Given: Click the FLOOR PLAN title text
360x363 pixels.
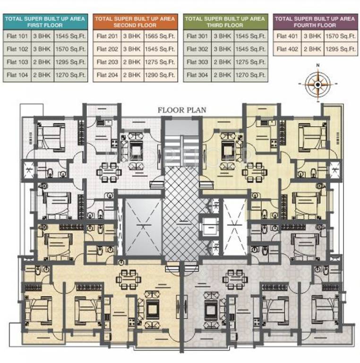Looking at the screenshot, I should tap(182, 110).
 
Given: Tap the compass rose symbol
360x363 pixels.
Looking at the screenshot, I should tap(317, 84).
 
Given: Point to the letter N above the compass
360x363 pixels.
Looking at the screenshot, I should tap(318, 66).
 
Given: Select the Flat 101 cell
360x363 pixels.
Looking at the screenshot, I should tap(17, 36).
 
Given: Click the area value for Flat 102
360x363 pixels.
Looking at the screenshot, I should tap(70, 49).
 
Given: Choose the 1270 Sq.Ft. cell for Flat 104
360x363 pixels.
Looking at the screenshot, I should tap(70, 75).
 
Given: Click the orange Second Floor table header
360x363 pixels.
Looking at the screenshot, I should tap(135, 22).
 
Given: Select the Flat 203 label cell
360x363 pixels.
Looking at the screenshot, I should tap(107, 62).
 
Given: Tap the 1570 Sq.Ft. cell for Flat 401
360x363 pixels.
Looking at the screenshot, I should tap(341, 36).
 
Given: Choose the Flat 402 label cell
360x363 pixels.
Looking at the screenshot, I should tap(287, 49).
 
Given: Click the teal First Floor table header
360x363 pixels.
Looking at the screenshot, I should tap(45, 22).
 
